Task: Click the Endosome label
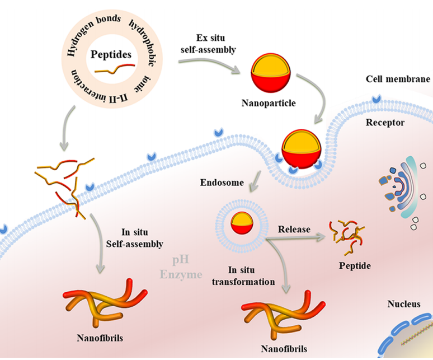222,183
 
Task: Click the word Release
294,229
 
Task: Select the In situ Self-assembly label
134,238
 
